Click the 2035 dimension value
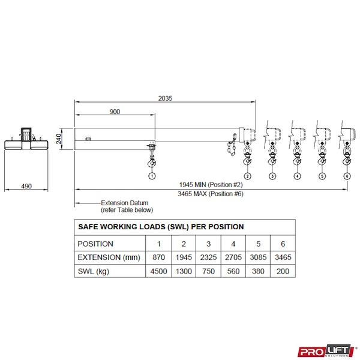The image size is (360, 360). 165,98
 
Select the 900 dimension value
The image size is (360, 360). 115,112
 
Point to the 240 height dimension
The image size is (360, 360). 59,139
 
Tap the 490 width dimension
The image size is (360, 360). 26,186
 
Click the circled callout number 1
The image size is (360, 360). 152,176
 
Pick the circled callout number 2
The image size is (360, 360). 247,176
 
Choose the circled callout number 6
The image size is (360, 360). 347,176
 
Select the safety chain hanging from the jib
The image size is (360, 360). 232,145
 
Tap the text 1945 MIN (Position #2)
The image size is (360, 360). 211,185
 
